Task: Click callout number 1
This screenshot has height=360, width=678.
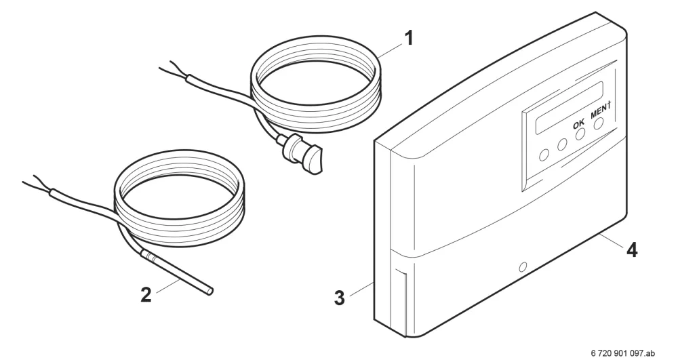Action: click(x=408, y=38)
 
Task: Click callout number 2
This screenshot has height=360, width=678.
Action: click(x=146, y=295)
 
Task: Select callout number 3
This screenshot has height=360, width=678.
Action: click(x=340, y=298)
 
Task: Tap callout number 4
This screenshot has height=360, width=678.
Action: click(x=632, y=249)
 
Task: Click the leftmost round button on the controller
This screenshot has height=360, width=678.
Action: click(x=545, y=154)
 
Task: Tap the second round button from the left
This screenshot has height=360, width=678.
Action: click(x=562, y=144)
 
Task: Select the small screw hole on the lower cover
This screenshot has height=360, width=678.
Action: click(x=523, y=266)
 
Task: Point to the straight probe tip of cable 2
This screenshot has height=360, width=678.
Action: click(x=177, y=273)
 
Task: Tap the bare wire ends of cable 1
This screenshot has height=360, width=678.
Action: click(x=173, y=73)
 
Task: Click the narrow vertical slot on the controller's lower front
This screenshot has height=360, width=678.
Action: click(x=399, y=302)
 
